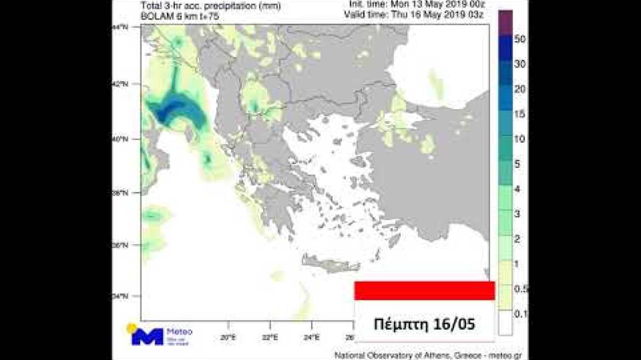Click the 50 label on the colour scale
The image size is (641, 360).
pos(520,38)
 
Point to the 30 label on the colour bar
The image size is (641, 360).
pos(520,64)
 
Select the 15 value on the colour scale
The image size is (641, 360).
pos(520,114)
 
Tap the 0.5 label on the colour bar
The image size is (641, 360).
pos(521,289)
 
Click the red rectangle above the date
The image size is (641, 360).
pos(424,291)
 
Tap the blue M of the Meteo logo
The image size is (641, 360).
pos(147,336)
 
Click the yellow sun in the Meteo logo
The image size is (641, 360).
pos(132,328)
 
